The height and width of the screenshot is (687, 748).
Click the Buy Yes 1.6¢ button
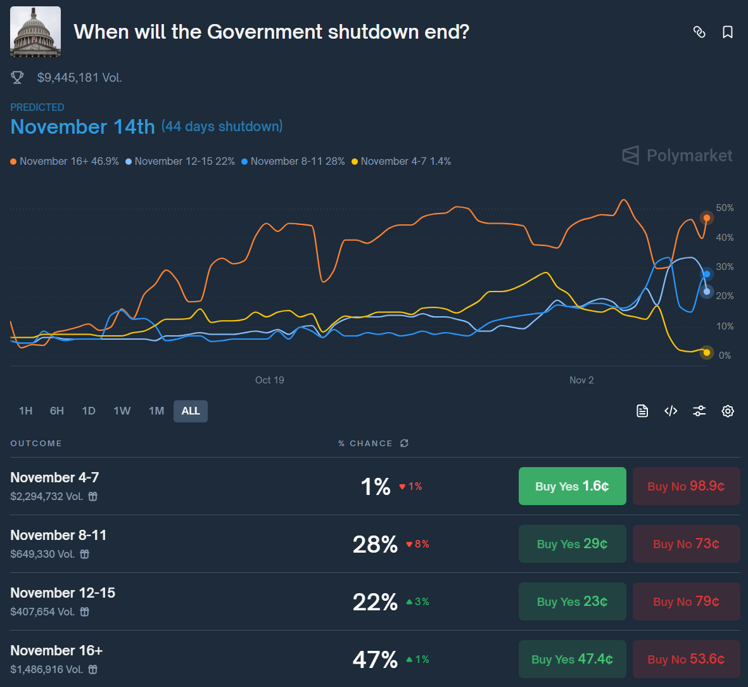[572, 486]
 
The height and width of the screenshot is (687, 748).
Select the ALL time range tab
[191, 411]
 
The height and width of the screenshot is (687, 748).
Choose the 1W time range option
[122, 411]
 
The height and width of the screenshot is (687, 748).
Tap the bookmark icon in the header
[728, 32]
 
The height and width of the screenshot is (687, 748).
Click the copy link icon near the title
[699, 32]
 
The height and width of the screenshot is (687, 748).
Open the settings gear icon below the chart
[728, 411]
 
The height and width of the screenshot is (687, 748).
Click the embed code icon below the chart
[671, 411]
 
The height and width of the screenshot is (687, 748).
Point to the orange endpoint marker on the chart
[707, 218]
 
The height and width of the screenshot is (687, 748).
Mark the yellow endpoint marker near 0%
[707, 352]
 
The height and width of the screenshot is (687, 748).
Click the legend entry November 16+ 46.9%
[65, 162]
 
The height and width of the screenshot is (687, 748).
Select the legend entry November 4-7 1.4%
[402, 162]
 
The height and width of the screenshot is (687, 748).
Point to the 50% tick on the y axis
[725, 208]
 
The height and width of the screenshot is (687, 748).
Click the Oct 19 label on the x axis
[269, 380]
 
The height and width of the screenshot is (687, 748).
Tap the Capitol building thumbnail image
[35, 32]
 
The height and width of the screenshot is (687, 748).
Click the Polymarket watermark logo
[677, 155]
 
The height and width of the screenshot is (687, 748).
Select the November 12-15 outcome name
[63, 593]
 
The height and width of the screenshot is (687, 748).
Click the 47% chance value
[375, 660]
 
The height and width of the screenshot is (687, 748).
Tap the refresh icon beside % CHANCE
[404, 444]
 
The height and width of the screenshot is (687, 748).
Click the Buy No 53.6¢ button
[686, 659]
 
